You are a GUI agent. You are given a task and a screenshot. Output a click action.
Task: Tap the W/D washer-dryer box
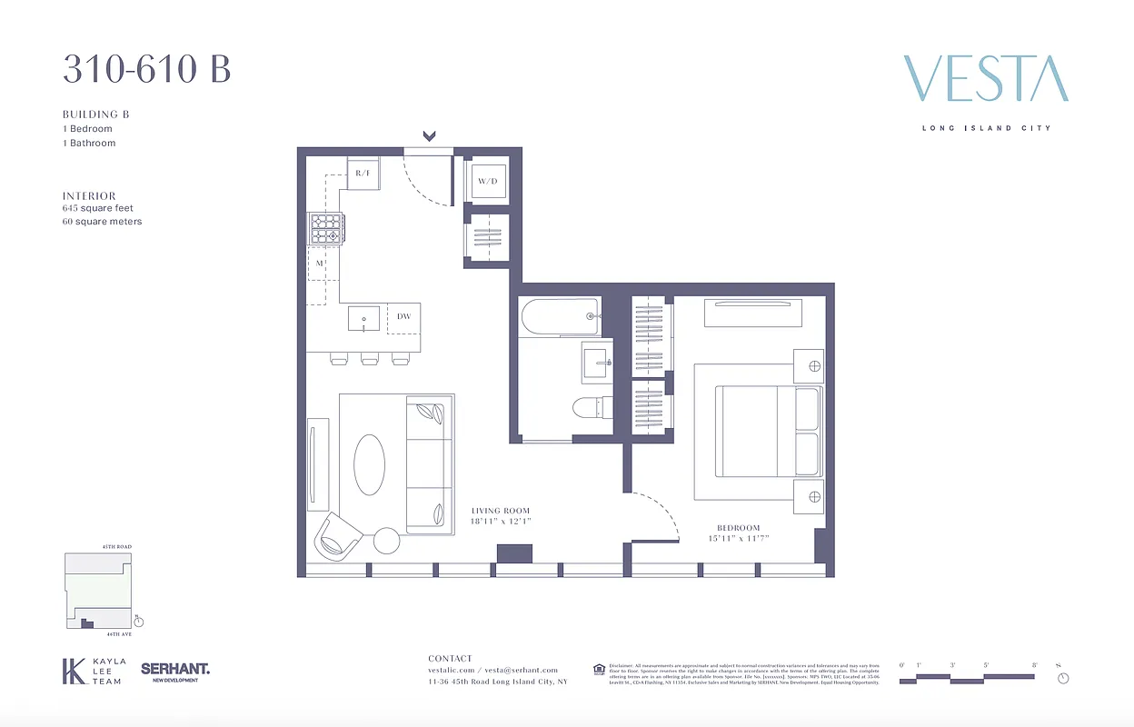[488, 181]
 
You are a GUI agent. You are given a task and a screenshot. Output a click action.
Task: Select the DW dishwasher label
[404, 317]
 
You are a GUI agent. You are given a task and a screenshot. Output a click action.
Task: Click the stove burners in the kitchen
[324, 228]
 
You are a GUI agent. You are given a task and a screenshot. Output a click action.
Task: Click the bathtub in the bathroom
[559, 316]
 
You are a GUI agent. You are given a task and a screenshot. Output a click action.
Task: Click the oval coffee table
[369, 464]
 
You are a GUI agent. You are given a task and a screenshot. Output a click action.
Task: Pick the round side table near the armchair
[387, 541]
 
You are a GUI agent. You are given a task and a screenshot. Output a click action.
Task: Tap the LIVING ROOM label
[500, 511]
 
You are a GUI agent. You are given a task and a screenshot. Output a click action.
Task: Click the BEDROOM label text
[738, 528]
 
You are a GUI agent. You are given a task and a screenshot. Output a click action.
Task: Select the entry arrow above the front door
[429, 136]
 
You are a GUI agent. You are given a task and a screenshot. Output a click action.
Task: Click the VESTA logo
[986, 78]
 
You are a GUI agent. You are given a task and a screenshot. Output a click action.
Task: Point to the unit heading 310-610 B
[146, 69]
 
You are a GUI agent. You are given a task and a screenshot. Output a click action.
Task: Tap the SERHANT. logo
[175, 670]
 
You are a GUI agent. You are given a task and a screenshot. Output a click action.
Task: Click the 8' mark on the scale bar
[1034, 666]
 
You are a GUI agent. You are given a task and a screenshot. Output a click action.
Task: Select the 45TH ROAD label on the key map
[116, 547]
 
